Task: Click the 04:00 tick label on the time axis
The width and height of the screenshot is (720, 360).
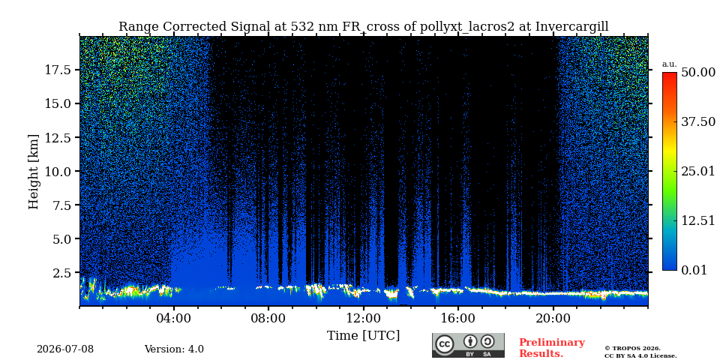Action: (173, 318)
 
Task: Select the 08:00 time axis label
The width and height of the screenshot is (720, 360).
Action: (268, 318)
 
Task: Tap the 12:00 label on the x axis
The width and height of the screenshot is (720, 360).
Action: (363, 318)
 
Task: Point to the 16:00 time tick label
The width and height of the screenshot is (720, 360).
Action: (458, 318)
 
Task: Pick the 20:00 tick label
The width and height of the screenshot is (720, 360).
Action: (553, 318)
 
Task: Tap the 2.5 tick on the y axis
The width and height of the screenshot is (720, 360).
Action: (63, 273)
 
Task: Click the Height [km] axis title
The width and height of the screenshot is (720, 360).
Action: (34, 172)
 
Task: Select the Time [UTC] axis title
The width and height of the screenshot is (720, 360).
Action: (363, 336)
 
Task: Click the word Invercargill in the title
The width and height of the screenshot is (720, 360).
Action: (572, 27)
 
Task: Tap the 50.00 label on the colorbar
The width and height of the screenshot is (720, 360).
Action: (698, 73)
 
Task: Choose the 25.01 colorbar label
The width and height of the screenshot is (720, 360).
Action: (698, 172)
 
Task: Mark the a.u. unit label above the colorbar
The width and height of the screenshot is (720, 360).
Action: (670, 64)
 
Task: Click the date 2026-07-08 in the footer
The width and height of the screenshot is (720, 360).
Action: (65, 349)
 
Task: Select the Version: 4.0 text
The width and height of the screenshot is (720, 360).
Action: (174, 349)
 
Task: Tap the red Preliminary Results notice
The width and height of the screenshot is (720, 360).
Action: (551, 347)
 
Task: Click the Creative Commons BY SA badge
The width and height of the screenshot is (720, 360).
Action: (468, 345)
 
